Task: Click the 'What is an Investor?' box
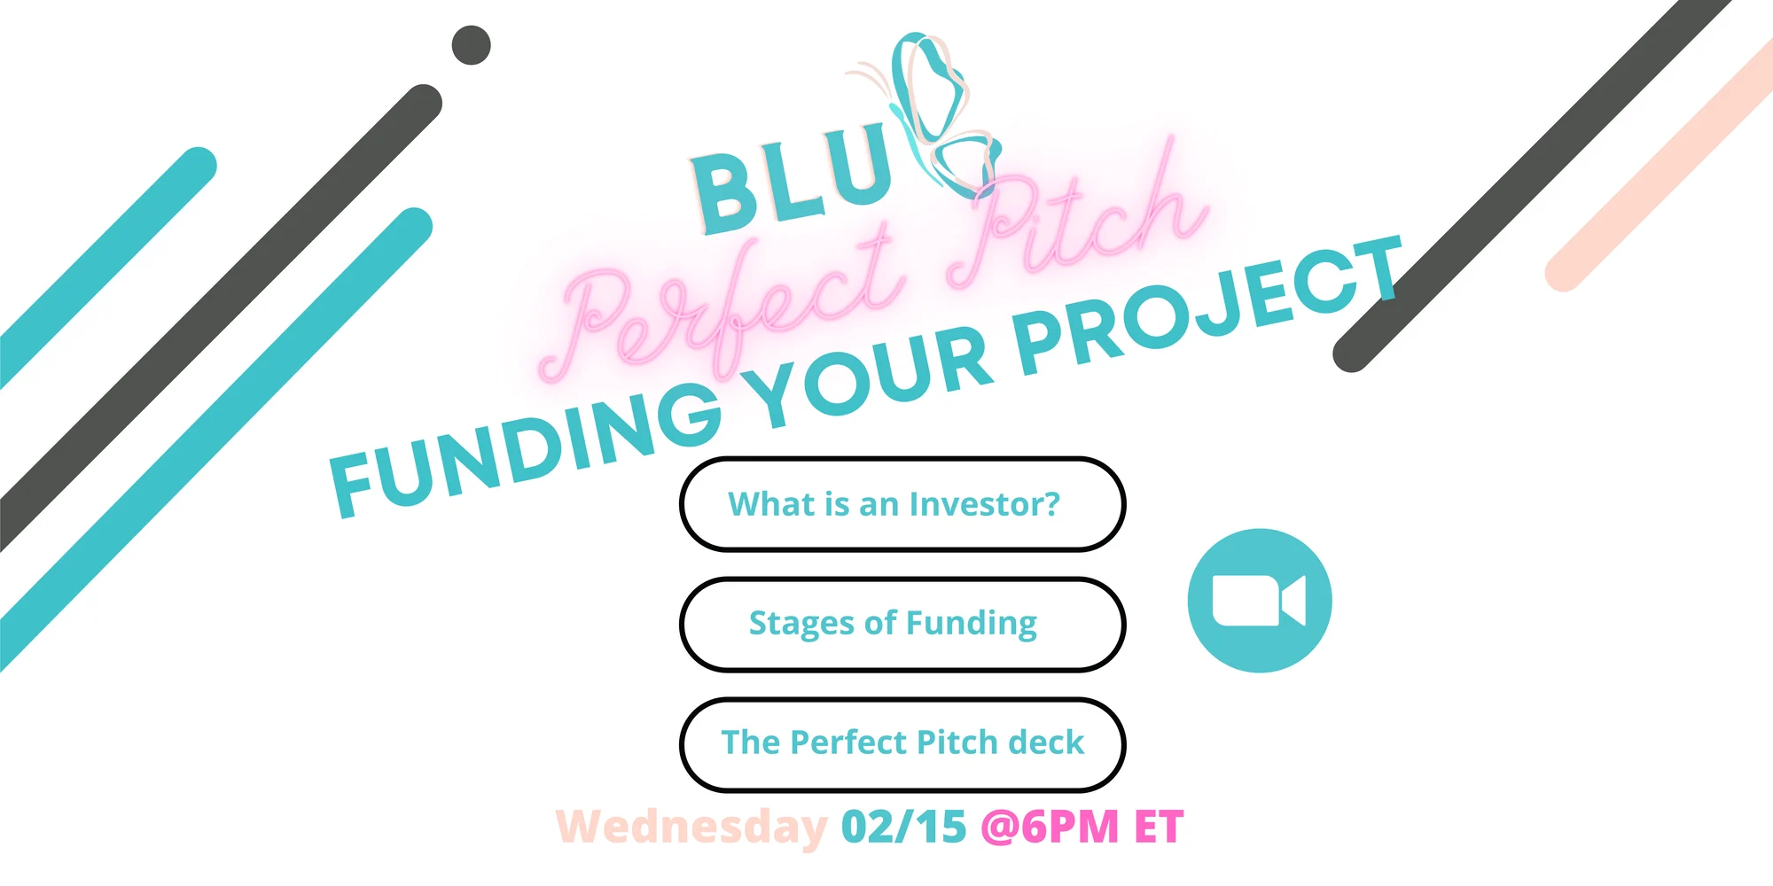tap(902, 504)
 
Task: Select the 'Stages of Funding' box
tap(902, 624)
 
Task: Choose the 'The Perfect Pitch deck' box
tap(902, 744)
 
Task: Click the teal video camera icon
tap(1260, 601)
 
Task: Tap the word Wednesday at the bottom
tap(691, 828)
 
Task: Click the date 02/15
tap(904, 827)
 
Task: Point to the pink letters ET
tap(1159, 827)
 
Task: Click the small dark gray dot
tap(472, 45)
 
